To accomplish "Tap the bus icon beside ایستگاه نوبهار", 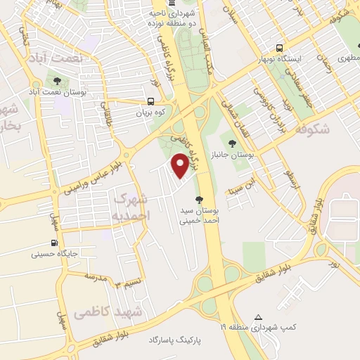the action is [x=280, y=49].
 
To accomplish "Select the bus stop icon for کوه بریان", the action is [x=152, y=101].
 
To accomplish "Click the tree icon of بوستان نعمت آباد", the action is [x=57, y=81].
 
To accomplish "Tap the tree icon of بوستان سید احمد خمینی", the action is [x=201, y=199].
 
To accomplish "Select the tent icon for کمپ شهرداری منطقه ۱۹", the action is [x=259, y=317].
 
